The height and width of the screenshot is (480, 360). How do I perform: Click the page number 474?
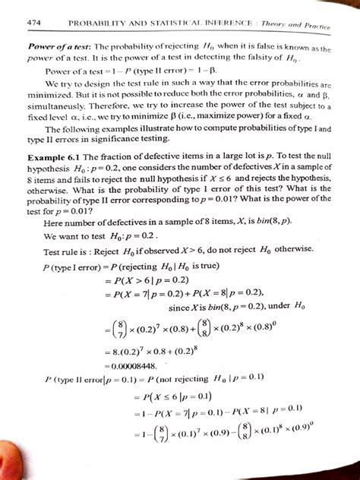point(33,25)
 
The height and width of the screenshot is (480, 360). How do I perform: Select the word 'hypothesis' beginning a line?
point(49,191)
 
